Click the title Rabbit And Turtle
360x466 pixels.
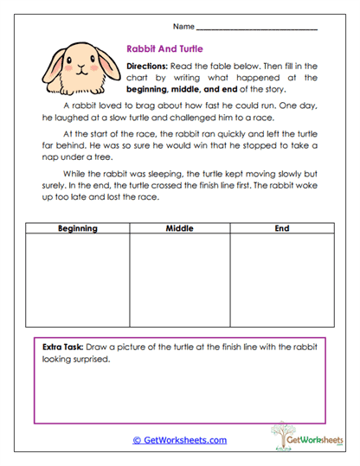[165, 50]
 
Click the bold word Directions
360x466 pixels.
[152, 67]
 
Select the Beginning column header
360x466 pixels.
[77, 228]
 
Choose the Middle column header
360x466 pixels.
[179, 228]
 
